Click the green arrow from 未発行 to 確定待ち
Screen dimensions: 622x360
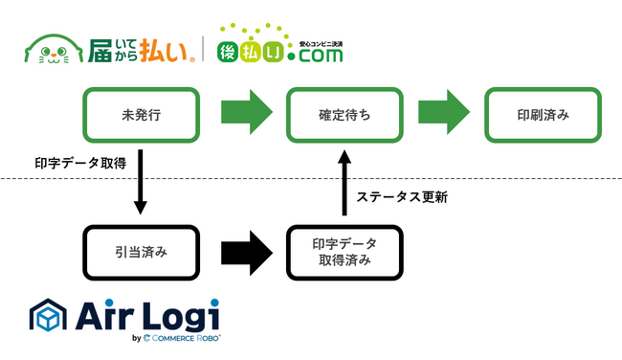click(247, 112)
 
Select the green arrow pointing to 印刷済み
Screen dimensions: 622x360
click(444, 112)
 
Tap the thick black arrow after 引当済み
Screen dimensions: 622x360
click(247, 253)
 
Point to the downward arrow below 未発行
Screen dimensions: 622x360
click(141, 182)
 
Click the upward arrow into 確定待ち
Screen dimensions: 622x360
click(344, 183)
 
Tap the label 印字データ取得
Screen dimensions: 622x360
click(80, 163)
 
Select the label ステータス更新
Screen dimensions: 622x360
click(402, 197)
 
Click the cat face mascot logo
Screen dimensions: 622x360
click(54, 49)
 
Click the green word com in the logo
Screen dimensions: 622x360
click(321, 56)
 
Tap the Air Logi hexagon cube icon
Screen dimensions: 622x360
click(48, 315)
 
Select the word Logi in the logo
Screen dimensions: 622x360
click(180, 316)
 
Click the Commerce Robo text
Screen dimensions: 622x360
click(186, 338)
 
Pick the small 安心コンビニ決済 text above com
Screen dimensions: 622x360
click(321, 44)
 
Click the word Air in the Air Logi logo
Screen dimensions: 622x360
click(104, 315)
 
